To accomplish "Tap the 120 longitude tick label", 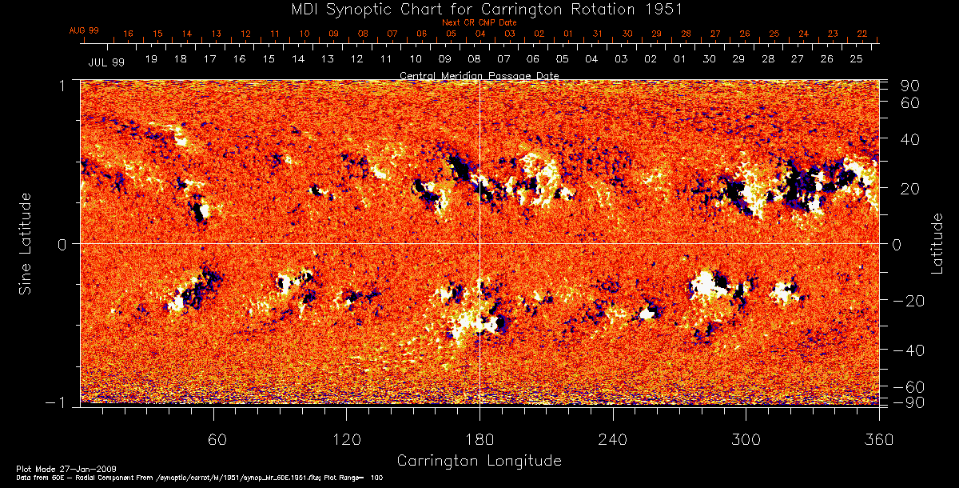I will click(x=346, y=440).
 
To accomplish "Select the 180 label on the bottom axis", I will click(x=479, y=440).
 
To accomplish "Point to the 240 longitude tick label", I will click(x=613, y=440).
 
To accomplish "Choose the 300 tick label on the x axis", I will click(x=746, y=440).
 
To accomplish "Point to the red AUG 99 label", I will click(x=84, y=30).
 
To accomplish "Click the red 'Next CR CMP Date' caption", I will click(x=479, y=22).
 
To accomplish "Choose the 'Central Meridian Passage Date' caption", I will click(x=479, y=75).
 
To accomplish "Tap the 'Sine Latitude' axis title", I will click(x=26, y=243).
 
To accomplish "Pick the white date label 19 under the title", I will click(x=151, y=59).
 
